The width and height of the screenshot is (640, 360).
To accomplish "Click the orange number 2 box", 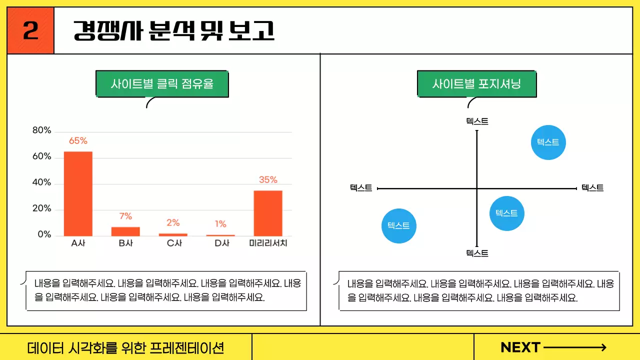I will click(x=30, y=31).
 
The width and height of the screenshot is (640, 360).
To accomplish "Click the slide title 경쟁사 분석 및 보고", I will click(x=174, y=31).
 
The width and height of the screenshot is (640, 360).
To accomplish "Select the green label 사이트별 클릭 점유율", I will click(x=162, y=84).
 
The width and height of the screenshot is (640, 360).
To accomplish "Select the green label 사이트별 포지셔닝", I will click(x=476, y=84).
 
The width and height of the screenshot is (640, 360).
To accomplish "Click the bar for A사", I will click(x=78, y=193).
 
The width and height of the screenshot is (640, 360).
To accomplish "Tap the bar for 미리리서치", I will click(x=268, y=213).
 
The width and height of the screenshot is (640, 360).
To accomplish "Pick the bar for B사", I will click(x=125, y=231).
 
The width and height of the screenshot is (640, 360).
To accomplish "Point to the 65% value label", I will click(x=78, y=141).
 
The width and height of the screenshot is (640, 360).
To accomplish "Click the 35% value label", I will click(x=268, y=180).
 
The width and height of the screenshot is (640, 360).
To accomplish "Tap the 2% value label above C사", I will click(x=173, y=223).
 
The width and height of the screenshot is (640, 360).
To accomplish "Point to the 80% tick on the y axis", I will click(x=42, y=130).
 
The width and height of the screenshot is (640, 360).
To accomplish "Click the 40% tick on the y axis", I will click(x=42, y=182).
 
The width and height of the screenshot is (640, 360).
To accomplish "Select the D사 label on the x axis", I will click(x=220, y=243).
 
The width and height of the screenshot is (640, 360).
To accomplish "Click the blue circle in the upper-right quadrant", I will click(x=548, y=142).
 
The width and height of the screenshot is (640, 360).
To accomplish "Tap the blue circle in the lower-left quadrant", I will click(x=399, y=226).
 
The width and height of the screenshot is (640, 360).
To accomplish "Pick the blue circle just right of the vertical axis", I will click(x=506, y=213).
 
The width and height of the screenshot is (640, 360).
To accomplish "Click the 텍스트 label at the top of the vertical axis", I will click(x=477, y=121).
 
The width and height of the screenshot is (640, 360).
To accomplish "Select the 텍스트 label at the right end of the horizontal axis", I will click(x=592, y=188).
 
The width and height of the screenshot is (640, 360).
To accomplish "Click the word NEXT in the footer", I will click(x=520, y=347).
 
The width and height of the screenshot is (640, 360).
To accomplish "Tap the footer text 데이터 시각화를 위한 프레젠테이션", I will click(x=125, y=347).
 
